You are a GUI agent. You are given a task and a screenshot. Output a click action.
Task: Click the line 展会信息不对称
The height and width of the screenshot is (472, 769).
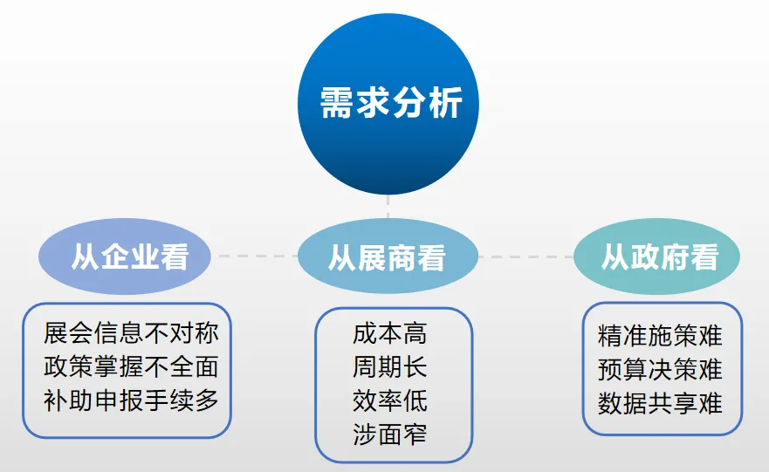pyautogui.click(x=131, y=333)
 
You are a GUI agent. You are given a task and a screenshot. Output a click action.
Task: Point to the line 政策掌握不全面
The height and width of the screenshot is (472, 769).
pyautogui.click(x=131, y=366)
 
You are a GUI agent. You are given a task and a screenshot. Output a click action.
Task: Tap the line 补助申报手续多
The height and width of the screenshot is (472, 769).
pyautogui.click(x=131, y=400)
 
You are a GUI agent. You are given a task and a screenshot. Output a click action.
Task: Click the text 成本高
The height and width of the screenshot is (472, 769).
pyautogui.click(x=390, y=333)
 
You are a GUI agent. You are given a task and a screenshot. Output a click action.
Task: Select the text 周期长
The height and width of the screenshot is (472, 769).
pyautogui.click(x=390, y=366)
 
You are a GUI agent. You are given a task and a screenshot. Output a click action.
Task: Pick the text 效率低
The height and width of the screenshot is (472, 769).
pyautogui.click(x=390, y=400)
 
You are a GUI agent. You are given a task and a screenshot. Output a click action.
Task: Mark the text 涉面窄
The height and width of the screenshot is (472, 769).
pyautogui.click(x=390, y=434)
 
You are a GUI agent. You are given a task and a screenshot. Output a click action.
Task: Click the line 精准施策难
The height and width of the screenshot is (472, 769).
pyautogui.click(x=661, y=336)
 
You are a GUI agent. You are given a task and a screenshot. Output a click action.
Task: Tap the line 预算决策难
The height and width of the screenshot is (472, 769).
pyautogui.click(x=661, y=369)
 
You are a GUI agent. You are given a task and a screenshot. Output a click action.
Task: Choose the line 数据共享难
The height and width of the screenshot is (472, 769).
pyautogui.click(x=661, y=403)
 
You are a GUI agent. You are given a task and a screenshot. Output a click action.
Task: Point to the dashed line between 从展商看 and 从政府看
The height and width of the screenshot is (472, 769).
pyautogui.click(x=525, y=257)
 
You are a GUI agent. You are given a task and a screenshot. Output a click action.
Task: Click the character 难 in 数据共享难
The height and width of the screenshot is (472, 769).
pyautogui.click(x=711, y=403)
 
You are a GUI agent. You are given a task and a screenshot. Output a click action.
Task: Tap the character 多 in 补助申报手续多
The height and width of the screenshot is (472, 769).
pyautogui.click(x=207, y=400)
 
